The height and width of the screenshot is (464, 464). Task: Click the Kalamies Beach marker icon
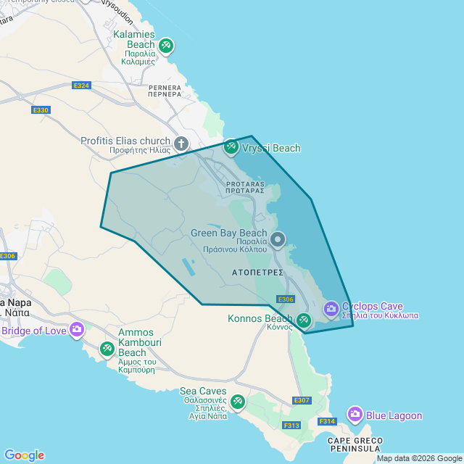click(166, 46)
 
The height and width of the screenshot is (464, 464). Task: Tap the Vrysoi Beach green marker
click(231, 147)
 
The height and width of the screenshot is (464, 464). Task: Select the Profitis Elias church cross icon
click(181, 144)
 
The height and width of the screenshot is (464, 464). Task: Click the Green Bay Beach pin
click(278, 239)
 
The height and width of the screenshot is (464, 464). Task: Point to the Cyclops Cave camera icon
click(331, 310)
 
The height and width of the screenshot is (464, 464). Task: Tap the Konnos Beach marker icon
click(304, 320)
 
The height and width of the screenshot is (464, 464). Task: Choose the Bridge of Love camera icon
click(77, 331)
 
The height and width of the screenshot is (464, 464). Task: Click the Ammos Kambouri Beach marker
click(107, 349)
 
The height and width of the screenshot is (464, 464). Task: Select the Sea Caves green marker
click(237, 401)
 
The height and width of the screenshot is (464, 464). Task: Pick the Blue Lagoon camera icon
click(355, 415)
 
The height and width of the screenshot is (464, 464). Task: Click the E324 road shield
click(81, 86)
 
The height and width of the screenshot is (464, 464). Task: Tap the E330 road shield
click(41, 110)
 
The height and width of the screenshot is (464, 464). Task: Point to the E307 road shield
click(302, 400)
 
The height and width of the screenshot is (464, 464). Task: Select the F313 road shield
click(291, 426)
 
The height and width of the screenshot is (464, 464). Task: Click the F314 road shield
click(327, 421)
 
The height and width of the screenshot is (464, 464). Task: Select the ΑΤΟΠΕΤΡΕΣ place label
click(257, 274)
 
